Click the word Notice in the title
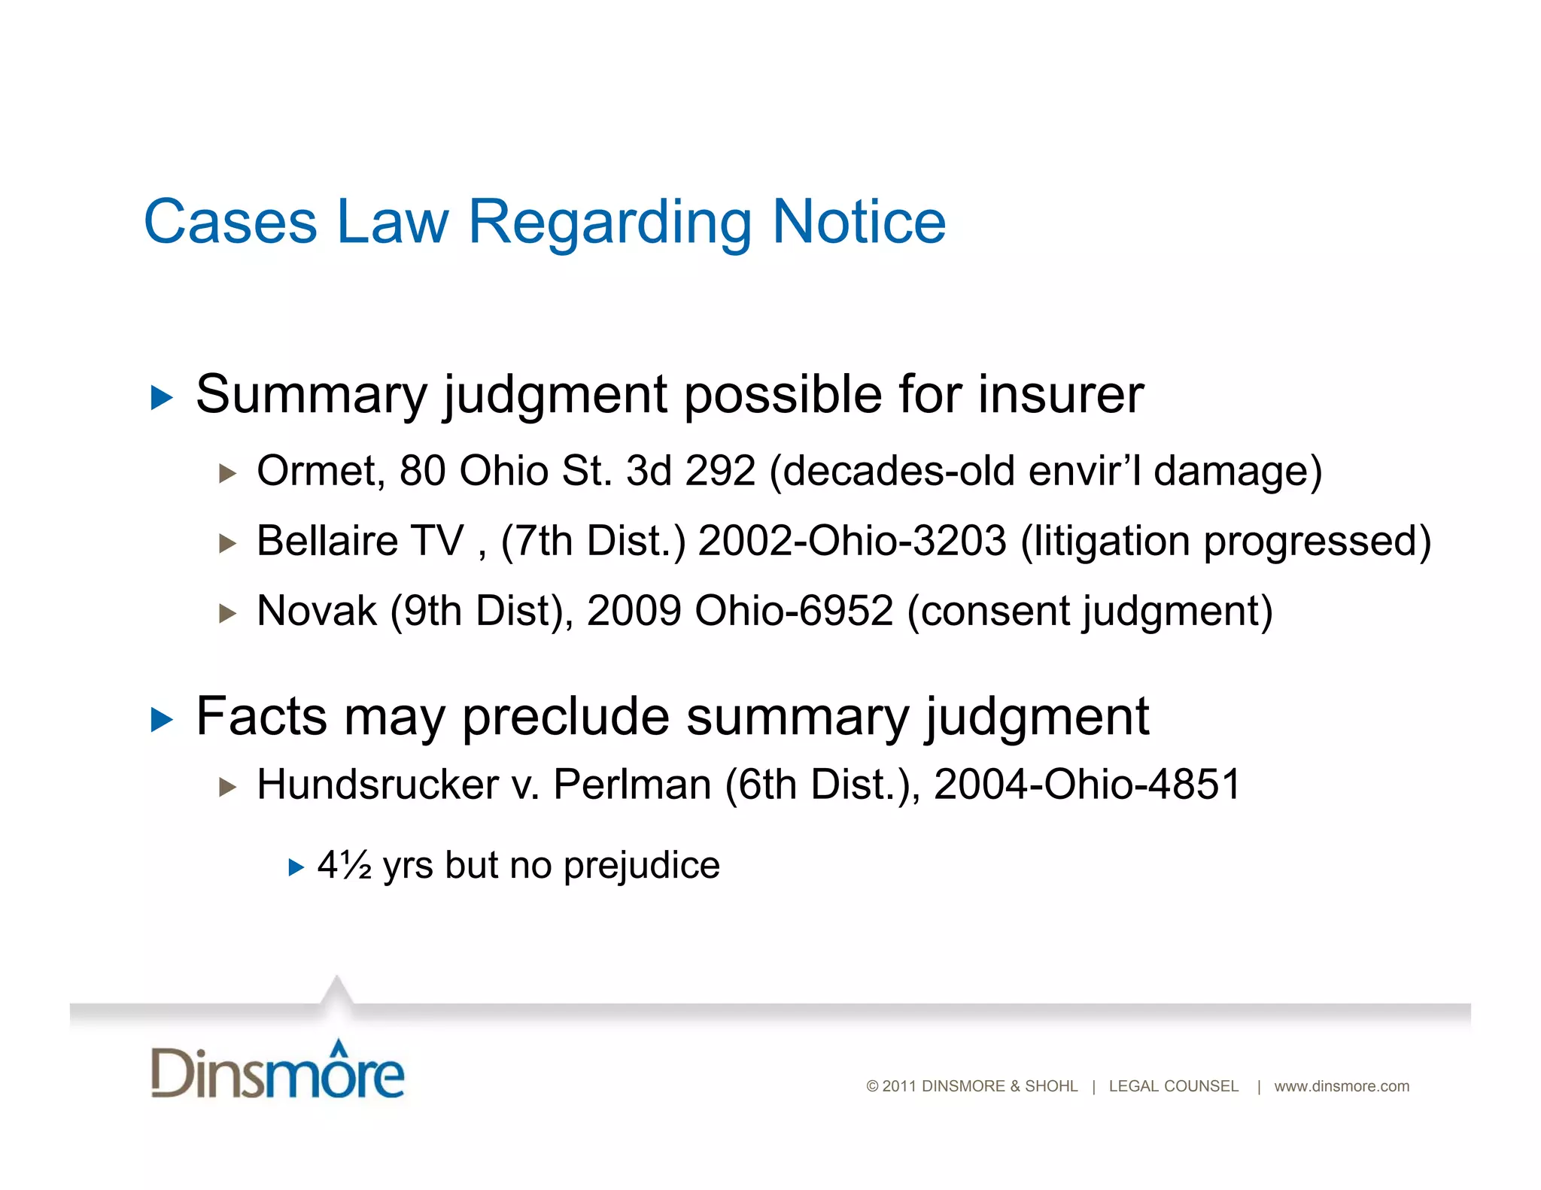tap(859, 223)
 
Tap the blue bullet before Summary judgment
tap(162, 397)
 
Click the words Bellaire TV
tap(360, 542)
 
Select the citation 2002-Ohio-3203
tap(852, 542)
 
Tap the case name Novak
tap(317, 611)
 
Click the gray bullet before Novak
tap(227, 613)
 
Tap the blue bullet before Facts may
tap(162, 720)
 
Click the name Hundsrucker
tap(378, 785)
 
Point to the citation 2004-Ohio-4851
tap(1087, 785)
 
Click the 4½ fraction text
tap(344, 866)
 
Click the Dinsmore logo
tap(278, 1071)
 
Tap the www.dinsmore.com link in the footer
tap(1341, 1086)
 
